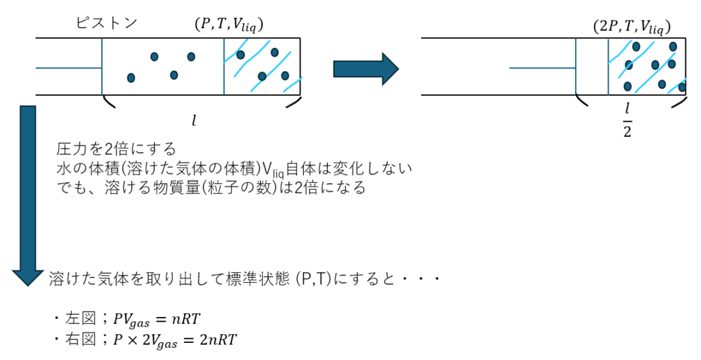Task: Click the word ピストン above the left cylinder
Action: coord(106,23)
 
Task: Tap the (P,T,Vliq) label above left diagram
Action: coord(229,25)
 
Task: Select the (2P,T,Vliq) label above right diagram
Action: coord(632,27)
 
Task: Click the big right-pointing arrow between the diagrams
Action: coord(366,69)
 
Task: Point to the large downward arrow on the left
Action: coord(28,196)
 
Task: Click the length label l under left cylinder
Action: coord(194,120)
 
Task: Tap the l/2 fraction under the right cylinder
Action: coord(627,119)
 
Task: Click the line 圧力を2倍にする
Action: coord(116,149)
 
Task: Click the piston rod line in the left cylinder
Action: coord(69,68)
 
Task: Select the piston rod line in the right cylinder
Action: coord(543,68)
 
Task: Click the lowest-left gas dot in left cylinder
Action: coord(131,78)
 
